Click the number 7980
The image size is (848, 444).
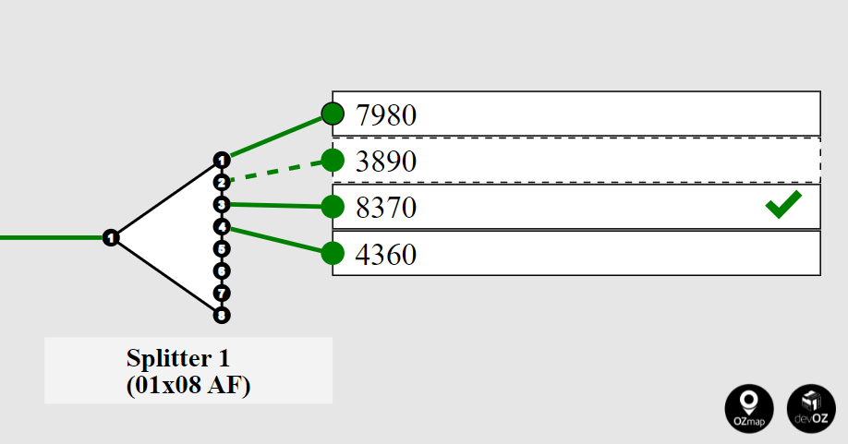click(386, 115)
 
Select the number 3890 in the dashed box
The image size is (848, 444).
click(386, 162)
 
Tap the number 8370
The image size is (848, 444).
click(386, 208)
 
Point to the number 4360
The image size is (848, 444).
click(386, 254)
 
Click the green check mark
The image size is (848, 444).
click(783, 205)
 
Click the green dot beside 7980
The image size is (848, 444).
click(333, 114)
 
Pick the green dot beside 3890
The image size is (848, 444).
click(333, 161)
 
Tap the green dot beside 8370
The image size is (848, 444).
click(333, 207)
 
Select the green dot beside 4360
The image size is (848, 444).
click(333, 253)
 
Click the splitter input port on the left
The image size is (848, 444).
click(111, 238)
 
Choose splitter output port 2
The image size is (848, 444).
click(221, 182)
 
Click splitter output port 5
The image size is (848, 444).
click(221, 248)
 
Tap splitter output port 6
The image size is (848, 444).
click(221, 270)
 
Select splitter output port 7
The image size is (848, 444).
click(221, 294)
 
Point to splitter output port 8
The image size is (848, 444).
click(221, 316)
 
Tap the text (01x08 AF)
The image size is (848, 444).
click(188, 385)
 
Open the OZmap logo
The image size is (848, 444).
click(749, 407)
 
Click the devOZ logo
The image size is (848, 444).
click(810, 407)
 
